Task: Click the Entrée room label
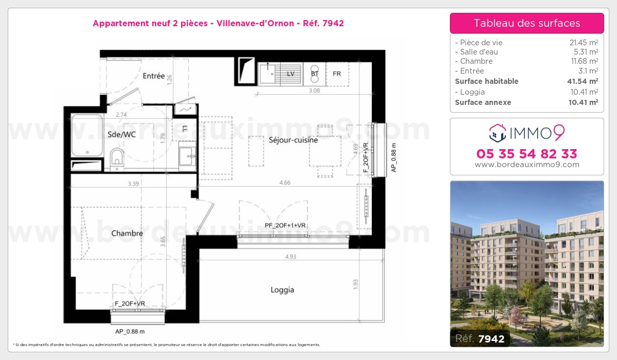coord(154,76)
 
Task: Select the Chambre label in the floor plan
coord(127,233)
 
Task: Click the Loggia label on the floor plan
coord(282,290)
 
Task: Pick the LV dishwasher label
coord(291,74)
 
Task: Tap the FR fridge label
coord(337,74)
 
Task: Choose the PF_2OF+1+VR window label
coord(285,225)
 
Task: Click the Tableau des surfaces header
coord(527,23)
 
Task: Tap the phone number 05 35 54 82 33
coord(527,154)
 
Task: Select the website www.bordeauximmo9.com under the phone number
coord(527,165)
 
